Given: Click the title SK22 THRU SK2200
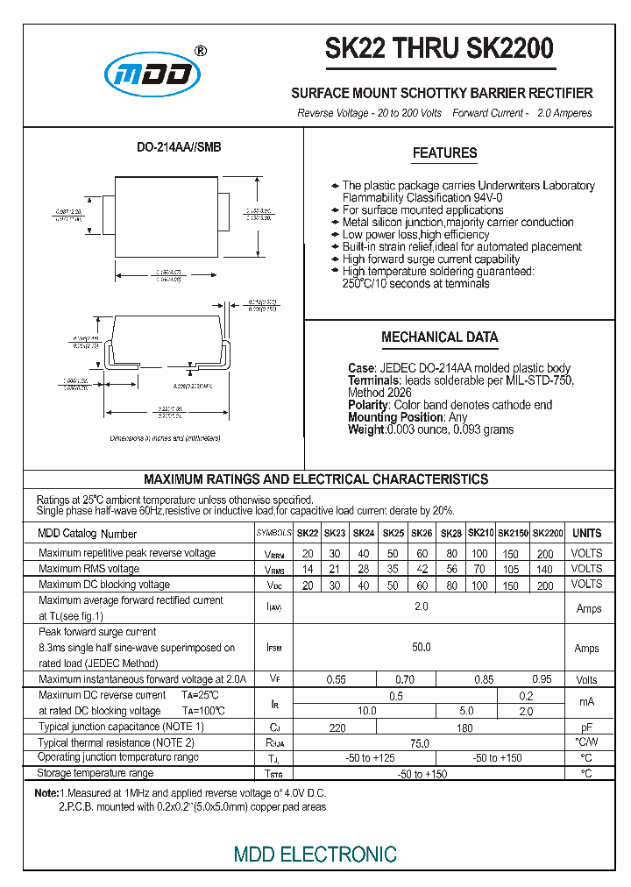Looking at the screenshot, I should tap(439, 49).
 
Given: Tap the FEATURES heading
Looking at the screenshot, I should tap(444, 153).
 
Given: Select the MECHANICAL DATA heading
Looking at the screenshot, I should tap(439, 337).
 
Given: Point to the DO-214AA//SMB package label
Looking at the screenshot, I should tap(179, 147).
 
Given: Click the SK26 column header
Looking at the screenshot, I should tap(422, 533).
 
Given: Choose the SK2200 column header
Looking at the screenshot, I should tap(548, 533).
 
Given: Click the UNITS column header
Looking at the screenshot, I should tap(586, 533).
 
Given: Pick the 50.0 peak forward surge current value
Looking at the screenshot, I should tap(422, 648).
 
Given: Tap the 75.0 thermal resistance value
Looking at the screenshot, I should tap(421, 742).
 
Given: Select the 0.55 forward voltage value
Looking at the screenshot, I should tap(336, 679).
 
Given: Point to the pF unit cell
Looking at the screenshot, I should tap(586, 727).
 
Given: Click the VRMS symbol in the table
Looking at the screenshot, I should tap(274, 570).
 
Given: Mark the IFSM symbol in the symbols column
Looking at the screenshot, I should tap(274, 648).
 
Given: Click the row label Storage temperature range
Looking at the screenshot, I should tap(96, 773).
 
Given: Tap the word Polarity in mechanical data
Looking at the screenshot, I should tap(367, 405).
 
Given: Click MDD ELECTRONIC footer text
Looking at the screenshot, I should tap(315, 854).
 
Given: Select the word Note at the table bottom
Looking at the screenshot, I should tap(45, 793).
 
